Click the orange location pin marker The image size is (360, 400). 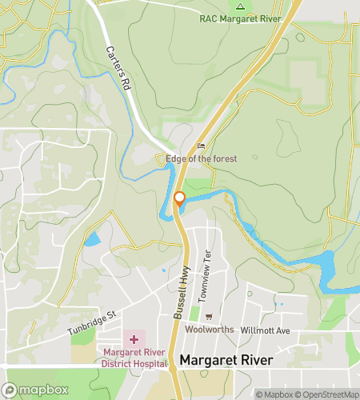click(x=180, y=200)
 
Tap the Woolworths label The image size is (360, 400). click(x=208, y=330)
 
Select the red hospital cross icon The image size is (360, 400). click(x=134, y=340)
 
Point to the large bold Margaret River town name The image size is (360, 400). click(x=226, y=361)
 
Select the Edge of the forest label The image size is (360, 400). click(x=202, y=158)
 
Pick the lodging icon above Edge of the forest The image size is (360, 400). click(x=202, y=146)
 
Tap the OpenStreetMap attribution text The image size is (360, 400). click(x=326, y=394)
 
